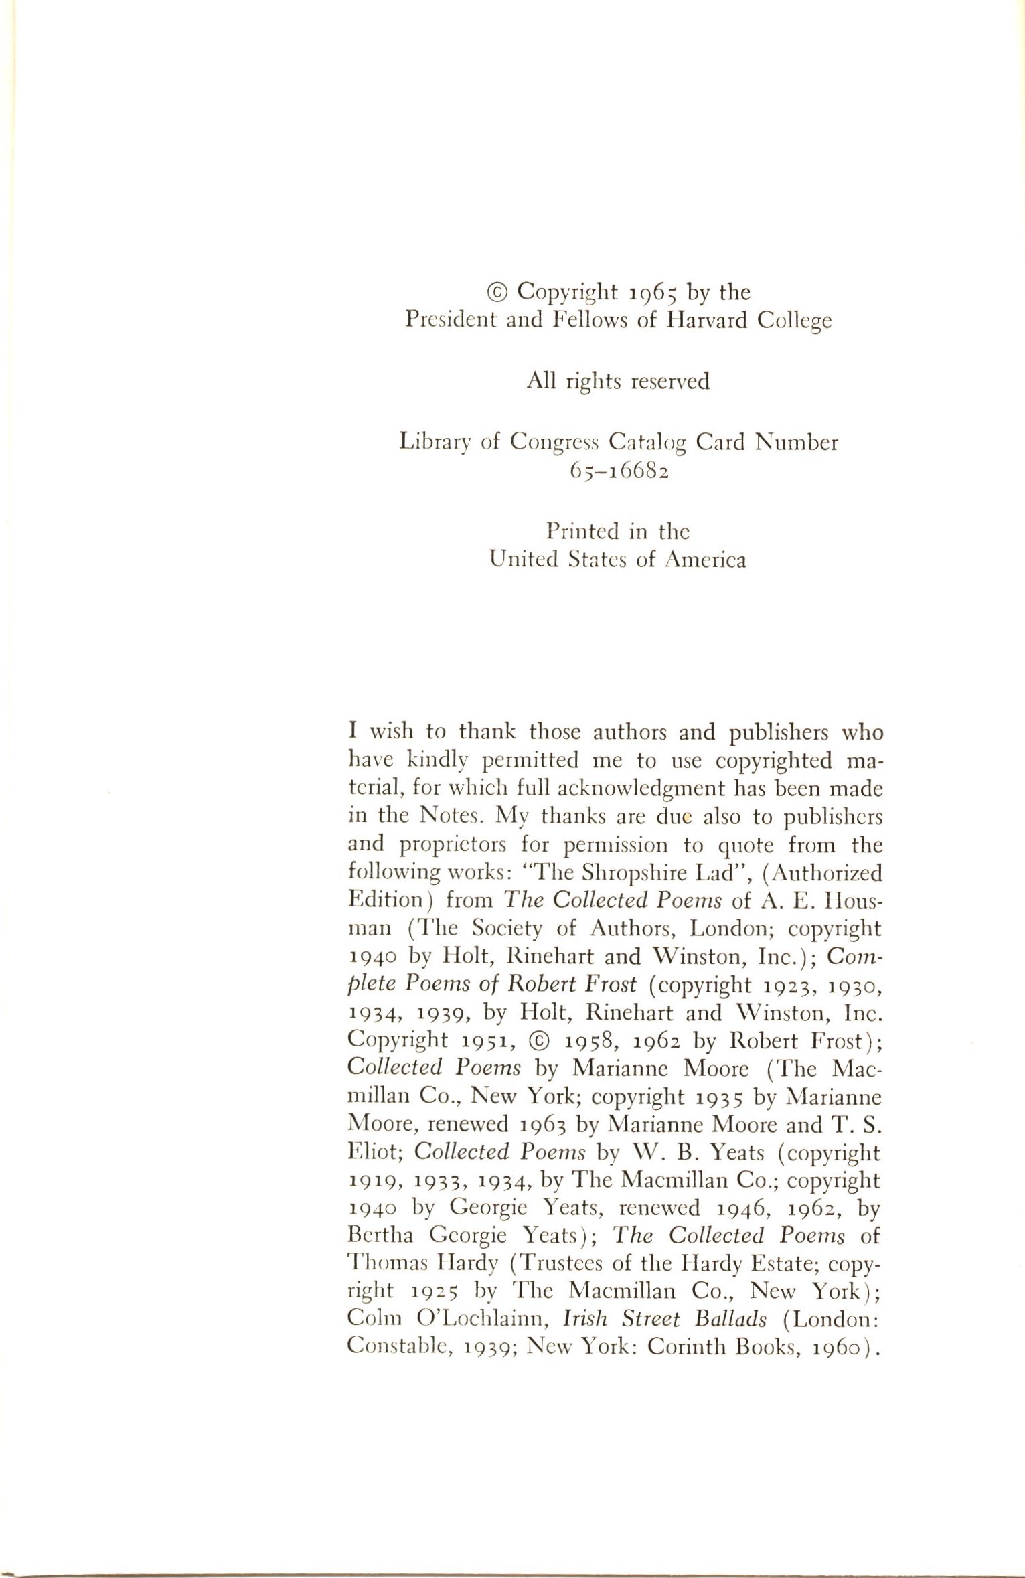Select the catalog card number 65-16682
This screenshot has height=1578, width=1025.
[619, 471]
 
